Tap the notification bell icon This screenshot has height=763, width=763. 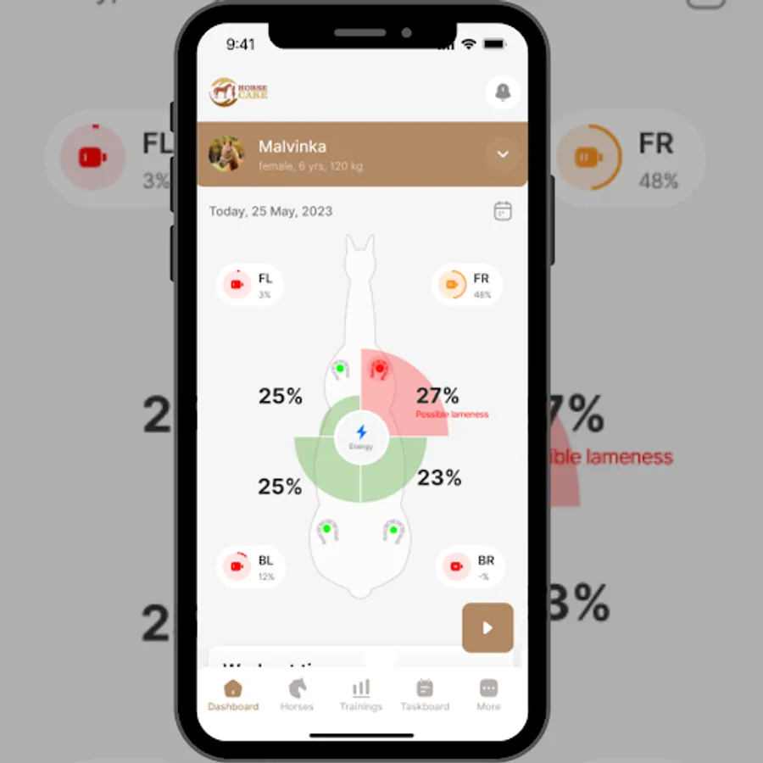click(503, 92)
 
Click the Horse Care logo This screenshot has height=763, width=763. click(239, 92)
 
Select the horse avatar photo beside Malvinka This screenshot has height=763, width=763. click(226, 153)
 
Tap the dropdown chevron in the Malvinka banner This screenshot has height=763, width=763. click(503, 154)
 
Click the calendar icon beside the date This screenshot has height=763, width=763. click(503, 211)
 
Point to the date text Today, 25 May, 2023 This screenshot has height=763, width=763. click(270, 211)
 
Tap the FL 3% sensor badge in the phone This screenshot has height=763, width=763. click(250, 285)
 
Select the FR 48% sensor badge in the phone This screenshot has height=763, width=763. click(467, 285)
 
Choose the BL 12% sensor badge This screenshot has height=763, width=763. click(251, 566)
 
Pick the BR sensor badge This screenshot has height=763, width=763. click(471, 566)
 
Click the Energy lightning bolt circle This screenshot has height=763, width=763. click(361, 436)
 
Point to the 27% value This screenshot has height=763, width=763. click(437, 396)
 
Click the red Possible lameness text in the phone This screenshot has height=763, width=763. click(452, 415)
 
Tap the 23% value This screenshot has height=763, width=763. click(439, 478)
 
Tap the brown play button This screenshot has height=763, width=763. click(487, 628)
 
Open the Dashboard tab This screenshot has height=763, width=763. click(233, 694)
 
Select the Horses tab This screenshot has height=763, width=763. click(297, 694)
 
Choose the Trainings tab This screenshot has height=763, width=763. click(361, 694)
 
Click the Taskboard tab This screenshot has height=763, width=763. click(425, 694)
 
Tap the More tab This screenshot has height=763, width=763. click(488, 694)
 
